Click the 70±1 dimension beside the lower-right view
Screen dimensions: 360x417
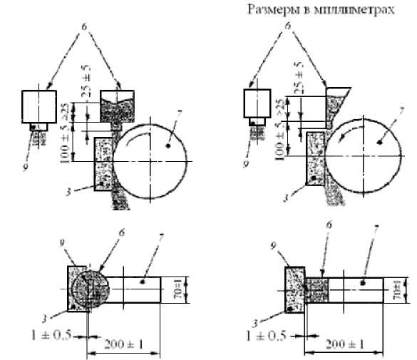[397, 290]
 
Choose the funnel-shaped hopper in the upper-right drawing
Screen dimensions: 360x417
[334, 100]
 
